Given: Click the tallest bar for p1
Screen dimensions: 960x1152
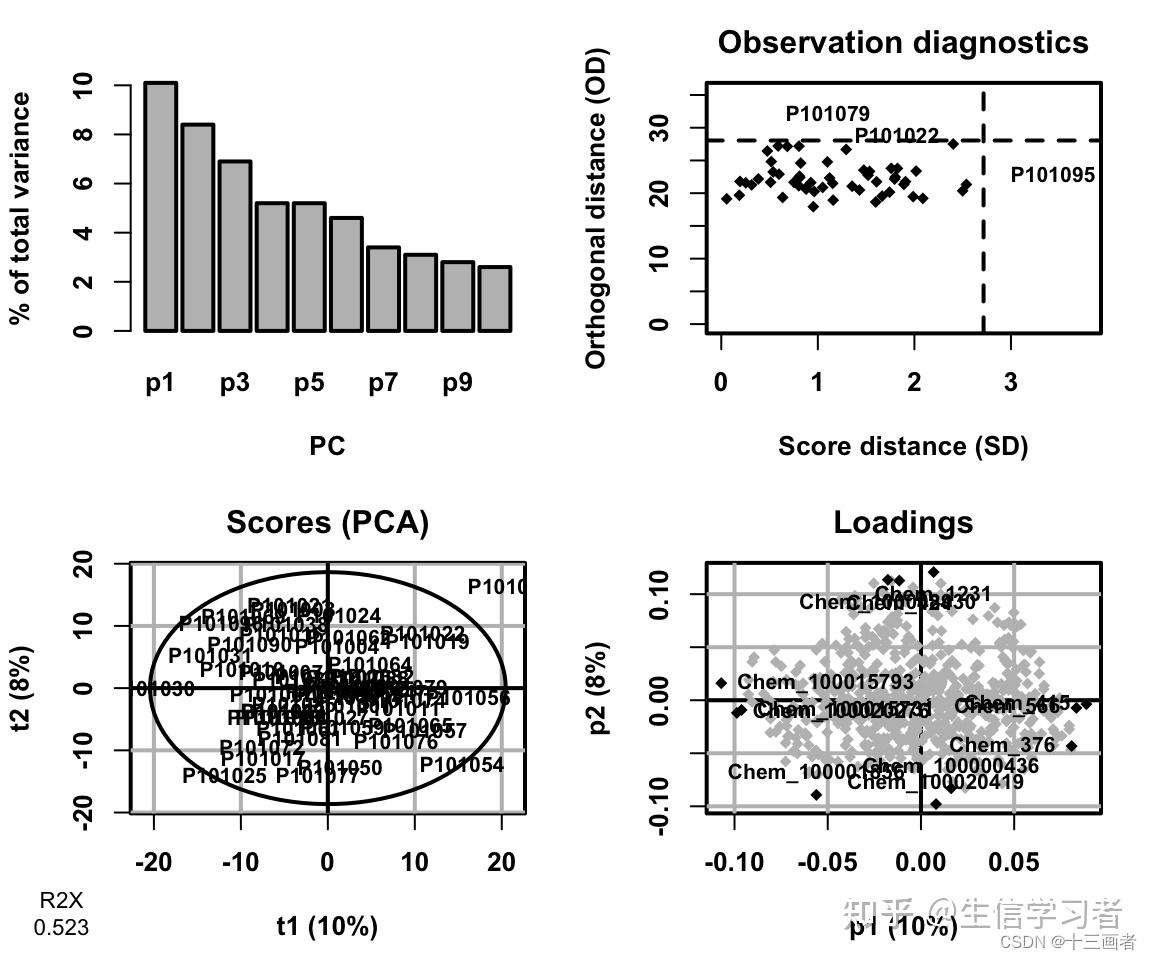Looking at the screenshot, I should click(x=160, y=206).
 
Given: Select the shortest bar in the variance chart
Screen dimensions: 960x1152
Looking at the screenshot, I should click(x=494, y=298).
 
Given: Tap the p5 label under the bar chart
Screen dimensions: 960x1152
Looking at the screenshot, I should click(x=309, y=384).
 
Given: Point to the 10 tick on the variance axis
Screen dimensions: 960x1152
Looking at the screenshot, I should click(x=83, y=85).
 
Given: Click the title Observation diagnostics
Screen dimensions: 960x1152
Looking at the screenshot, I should click(x=902, y=43).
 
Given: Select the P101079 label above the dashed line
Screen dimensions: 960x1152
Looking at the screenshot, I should click(x=827, y=114).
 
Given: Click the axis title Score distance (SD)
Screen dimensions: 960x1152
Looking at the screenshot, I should click(x=902, y=446).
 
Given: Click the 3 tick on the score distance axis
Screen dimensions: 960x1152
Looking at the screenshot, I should click(x=1010, y=383).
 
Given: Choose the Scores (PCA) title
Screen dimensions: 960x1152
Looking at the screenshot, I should click(x=327, y=522).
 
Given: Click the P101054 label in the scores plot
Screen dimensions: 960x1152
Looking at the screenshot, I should click(x=461, y=765).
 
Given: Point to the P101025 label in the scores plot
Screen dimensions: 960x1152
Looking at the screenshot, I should click(x=224, y=775).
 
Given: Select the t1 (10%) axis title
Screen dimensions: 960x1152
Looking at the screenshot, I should click(x=327, y=926).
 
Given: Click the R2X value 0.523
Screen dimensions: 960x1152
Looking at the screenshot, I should click(x=61, y=928).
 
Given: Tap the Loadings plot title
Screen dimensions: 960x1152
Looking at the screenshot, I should click(x=902, y=522).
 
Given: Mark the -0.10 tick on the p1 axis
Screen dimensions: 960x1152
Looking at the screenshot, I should click(x=735, y=862).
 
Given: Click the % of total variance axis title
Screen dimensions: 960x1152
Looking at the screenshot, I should click(x=20, y=208).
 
